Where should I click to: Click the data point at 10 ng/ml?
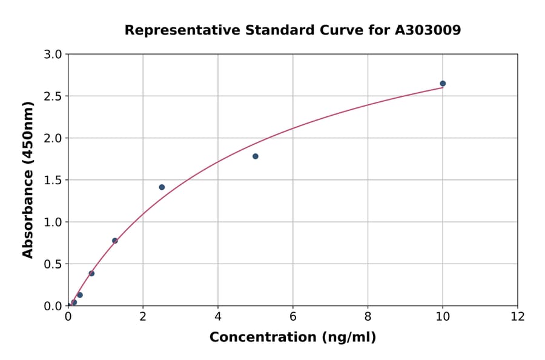click(443, 84)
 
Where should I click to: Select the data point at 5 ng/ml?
click(256, 156)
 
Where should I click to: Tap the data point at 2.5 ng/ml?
click(162, 187)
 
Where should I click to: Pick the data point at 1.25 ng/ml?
click(115, 241)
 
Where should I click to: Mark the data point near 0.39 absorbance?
click(91, 273)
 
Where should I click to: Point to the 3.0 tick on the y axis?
click(54, 55)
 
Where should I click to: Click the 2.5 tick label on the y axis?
click(54, 96)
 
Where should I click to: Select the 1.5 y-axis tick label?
click(54, 180)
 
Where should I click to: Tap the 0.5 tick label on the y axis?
click(54, 264)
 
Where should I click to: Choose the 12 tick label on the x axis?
click(518, 316)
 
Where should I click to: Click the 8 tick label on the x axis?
click(368, 316)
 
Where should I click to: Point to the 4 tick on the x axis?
click(218, 316)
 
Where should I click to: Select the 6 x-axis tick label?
click(293, 316)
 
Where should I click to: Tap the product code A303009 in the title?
click(428, 30)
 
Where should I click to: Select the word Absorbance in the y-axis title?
click(28, 215)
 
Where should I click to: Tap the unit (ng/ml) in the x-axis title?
click(349, 338)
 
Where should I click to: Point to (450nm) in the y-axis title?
click(28, 134)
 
